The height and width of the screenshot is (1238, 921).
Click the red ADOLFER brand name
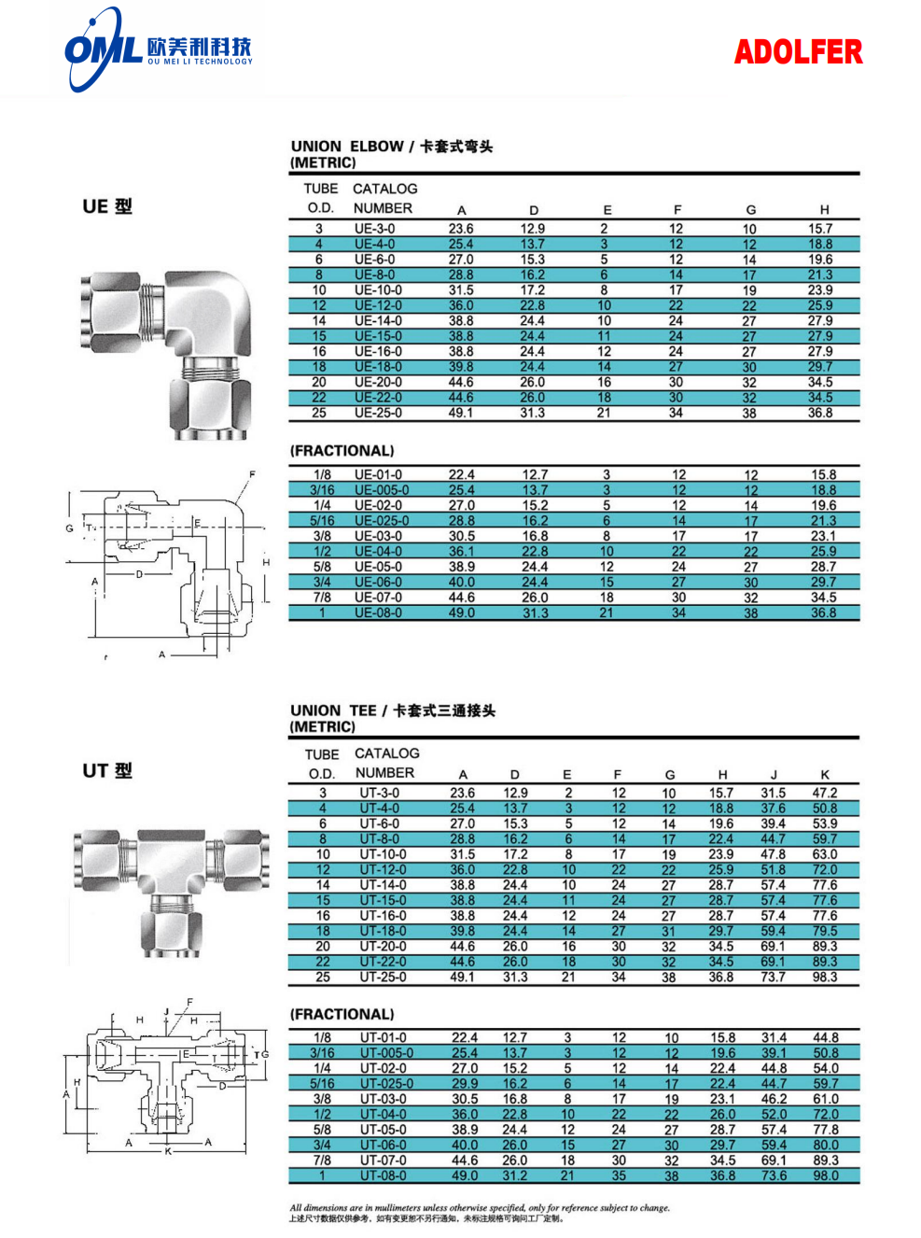pyautogui.click(x=798, y=52)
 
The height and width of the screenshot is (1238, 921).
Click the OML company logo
pyautogui.click(x=157, y=49)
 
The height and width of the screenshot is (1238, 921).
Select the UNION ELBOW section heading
pyautogui.click(x=391, y=147)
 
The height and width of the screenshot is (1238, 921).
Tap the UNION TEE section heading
pyautogui.click(x=392, y=710)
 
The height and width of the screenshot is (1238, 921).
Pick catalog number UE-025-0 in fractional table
pyautogui.click(x=381, y=521)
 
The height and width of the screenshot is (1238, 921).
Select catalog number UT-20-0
pyautogui.click(x=383, y=947)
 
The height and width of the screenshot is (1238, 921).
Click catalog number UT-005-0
pyautogui.click(x=386, y=1053)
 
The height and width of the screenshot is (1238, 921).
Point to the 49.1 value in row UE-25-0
pyautogui.click(x=461, y=413)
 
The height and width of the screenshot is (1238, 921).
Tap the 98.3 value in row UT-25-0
pyautogui.click(x=824, y=978)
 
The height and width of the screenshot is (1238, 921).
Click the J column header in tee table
pyautogui.click(x=774, y=775)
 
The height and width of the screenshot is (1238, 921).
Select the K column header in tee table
pyautogui.click(x=825, y=775)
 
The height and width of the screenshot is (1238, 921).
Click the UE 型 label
pyautogui.click(x=107, y=206)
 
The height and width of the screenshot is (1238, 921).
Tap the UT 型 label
pyautogui.click(x=107, y=770)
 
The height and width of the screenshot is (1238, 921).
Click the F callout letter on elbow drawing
pyautogui.click(x=252, y=474)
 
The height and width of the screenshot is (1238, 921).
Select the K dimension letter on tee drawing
pyautogui.click(x=169, y=1152)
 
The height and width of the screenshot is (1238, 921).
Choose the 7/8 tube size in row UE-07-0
pyautogui.click(x=322, y=598)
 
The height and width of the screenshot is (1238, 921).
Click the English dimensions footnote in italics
pyautogui.click(x=479, y=1207)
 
